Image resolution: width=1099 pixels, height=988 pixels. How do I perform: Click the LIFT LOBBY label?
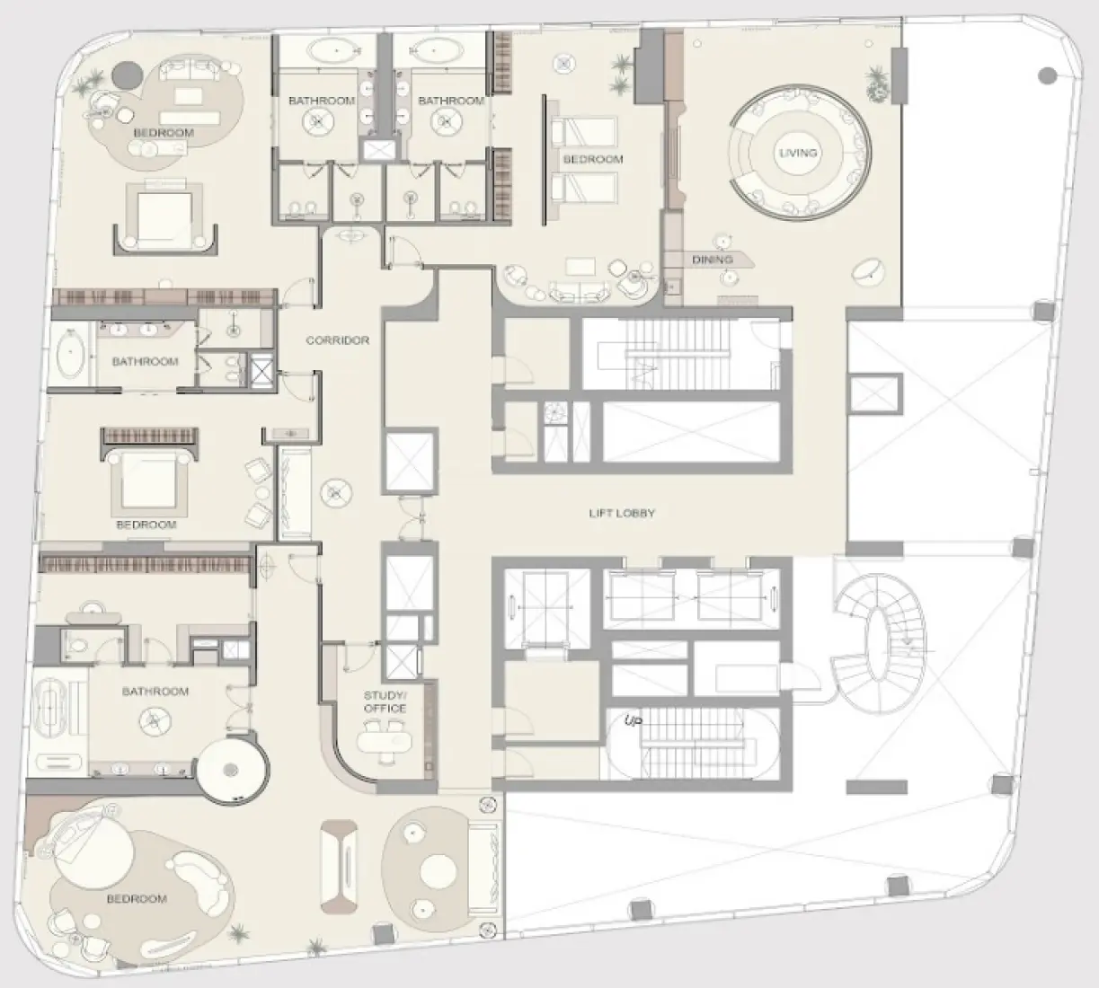[x=622, y=513]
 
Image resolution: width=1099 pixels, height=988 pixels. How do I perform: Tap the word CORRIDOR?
[x=338, y=340]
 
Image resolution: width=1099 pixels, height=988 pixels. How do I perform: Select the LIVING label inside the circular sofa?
[x=798, y=153]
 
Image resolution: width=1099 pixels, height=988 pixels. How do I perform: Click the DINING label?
[x=712, y=260]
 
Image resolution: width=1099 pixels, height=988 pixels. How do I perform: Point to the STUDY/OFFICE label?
[x=385, y=701]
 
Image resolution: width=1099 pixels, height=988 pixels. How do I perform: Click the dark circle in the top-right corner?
[x=1046, y=76]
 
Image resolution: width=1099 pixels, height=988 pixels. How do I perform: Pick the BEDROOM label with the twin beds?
[x=593, y=159]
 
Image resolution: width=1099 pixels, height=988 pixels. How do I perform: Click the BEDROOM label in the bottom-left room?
[x=137, y=899]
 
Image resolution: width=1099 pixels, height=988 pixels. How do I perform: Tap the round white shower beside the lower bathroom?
[x=232, y=769]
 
